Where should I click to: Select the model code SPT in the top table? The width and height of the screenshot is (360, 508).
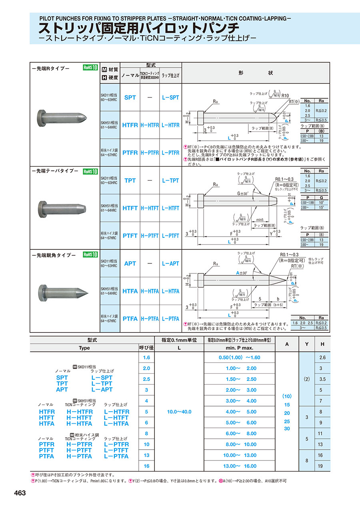point(130,97)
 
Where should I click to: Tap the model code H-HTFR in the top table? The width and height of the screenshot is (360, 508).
point(150,125)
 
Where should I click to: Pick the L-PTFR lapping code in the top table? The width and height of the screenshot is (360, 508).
point(171,153)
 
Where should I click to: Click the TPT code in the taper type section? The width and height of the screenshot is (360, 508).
point(130,181)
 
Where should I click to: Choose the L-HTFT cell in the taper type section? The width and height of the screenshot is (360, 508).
point(171,208)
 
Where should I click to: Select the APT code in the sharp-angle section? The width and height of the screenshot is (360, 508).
point(130,263)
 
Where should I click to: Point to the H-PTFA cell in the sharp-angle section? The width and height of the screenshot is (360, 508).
point(150,319)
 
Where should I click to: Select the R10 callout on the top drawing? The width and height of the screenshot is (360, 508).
point(285,96)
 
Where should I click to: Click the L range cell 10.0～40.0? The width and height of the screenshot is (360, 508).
point(179,412)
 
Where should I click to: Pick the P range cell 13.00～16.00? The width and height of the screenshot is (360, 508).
point(240,466)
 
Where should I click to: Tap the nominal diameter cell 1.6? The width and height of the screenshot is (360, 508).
point(146,357)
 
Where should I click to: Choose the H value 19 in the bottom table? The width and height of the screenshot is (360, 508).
point(320,466)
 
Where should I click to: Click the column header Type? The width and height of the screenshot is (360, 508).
point(84,348)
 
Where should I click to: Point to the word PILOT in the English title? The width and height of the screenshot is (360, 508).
point(50,18)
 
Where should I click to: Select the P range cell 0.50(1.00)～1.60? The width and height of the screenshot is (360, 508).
point(240,357)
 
